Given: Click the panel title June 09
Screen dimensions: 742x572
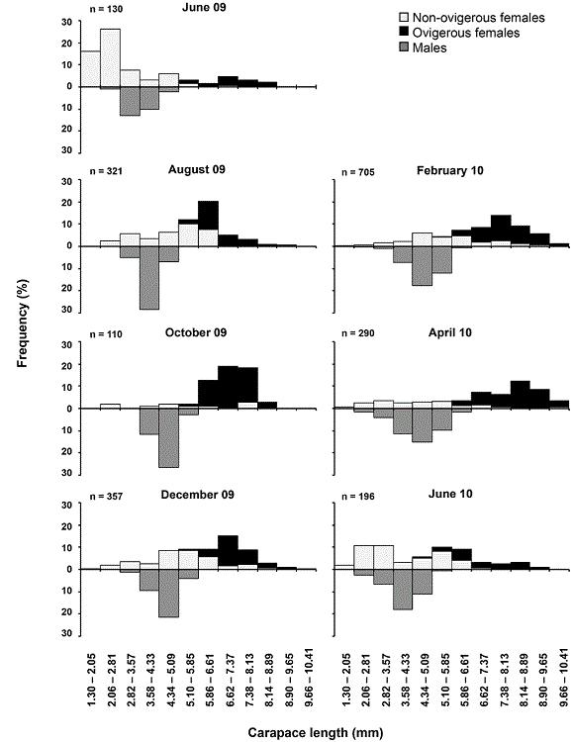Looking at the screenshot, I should click(204, 9).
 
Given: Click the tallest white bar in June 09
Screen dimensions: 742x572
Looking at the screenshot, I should click(110, 57).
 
